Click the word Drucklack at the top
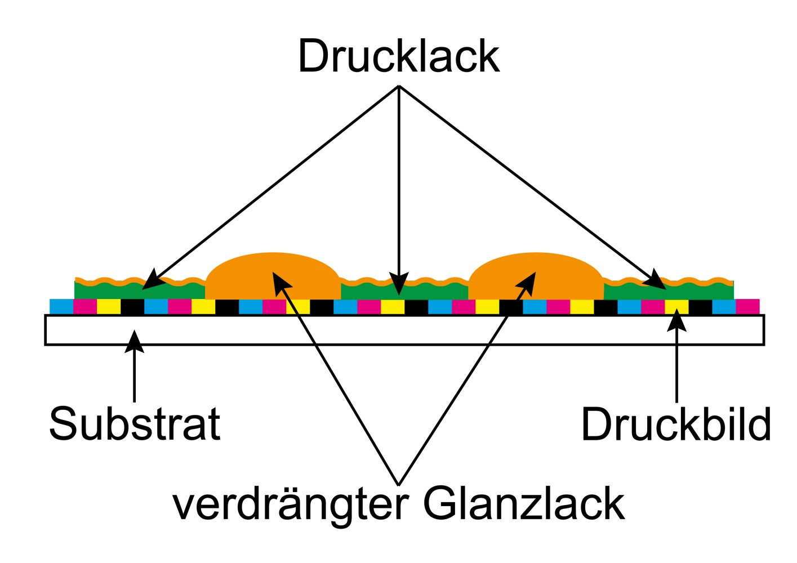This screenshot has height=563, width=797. (x=399, y=56)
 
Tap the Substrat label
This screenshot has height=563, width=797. (x=135, y=423)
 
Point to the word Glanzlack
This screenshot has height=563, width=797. (x=524, y=503)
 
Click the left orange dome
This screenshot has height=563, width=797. (x=273, y=276)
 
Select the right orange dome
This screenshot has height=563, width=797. (x=536, y=276)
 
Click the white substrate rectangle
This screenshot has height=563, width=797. (x=404, y=330)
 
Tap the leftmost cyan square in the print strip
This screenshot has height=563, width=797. (x=61, y=307)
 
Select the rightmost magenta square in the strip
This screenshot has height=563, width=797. (x=747, y=307)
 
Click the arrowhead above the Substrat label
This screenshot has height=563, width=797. (x=134, y=341)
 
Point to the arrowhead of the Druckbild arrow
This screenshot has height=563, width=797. (x=676, y=319)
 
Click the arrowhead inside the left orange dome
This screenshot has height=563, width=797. (x=281, y=283)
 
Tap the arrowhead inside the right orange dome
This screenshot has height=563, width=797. (x=528, y=283)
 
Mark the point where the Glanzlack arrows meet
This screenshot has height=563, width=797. (x=399, y=485)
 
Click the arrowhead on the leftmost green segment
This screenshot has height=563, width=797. (x=152, y=280)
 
